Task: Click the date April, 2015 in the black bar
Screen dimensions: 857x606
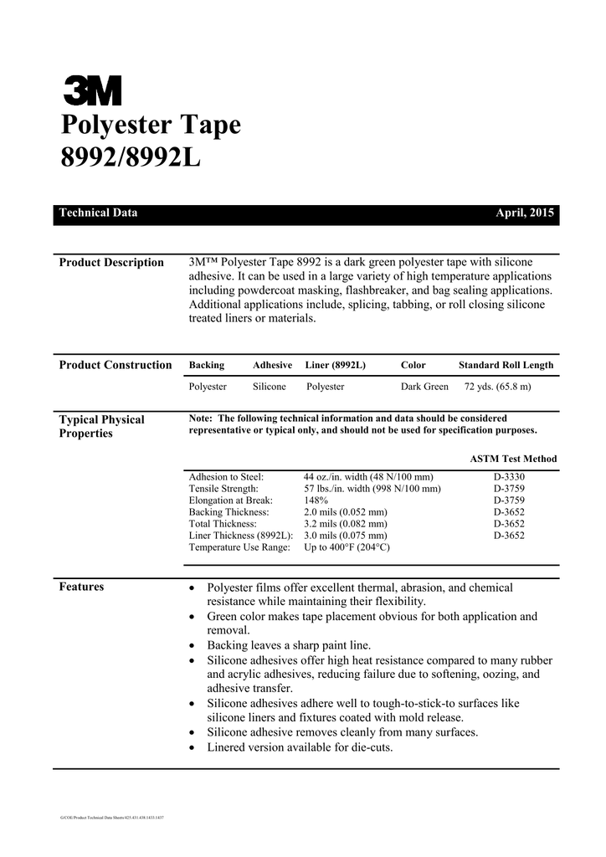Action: [525, 213]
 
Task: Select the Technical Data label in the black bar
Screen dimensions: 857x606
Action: [98, 213]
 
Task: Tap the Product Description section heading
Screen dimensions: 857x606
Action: [111, 263]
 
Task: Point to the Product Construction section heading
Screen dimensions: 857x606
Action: [116, 365]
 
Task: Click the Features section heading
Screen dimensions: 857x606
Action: [81, 587]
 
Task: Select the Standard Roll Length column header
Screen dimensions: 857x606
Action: [506, 366]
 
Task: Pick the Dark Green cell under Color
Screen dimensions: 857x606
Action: [424, 387]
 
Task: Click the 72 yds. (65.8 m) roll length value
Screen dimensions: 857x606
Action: [497, 387]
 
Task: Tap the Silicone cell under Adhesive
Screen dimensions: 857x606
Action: [270, 387]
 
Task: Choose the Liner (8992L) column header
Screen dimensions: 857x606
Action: [336, 366]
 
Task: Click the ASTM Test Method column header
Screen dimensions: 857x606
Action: [513, 459]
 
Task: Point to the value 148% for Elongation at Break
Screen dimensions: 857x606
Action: [316, 500]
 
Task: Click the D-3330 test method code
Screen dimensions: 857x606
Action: [509, 477]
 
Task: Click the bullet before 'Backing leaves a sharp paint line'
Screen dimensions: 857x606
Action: [194, 646]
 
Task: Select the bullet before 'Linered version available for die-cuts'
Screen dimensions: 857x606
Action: [194, 747]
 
